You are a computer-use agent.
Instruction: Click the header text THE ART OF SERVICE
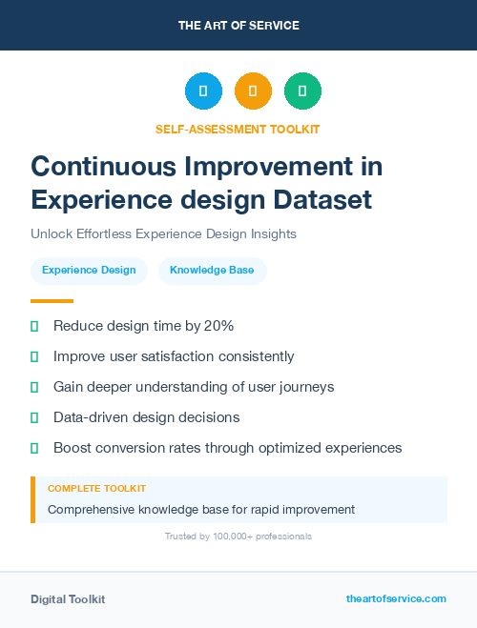point(238,25)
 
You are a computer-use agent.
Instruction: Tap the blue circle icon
point(203,91)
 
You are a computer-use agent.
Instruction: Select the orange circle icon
point(253,91)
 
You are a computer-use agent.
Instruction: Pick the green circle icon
point(302,91)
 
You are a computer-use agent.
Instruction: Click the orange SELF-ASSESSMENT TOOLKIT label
point(238,129)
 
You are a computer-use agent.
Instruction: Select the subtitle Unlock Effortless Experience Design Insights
point(163,233)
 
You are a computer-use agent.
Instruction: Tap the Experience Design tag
point(89,271)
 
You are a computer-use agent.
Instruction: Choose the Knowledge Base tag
point(212,271)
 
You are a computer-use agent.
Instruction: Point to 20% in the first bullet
point(218,326)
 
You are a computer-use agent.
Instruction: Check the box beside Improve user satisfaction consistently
point(34,356)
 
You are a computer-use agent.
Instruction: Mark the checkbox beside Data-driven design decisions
point(34,417)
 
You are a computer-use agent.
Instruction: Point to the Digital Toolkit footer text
point(68,599)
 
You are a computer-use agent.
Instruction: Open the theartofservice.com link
point(396,598)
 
